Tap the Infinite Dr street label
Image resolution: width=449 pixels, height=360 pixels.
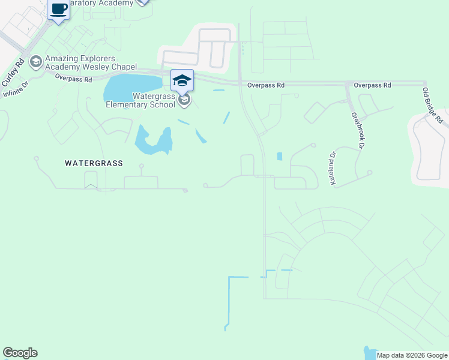click(16, 90)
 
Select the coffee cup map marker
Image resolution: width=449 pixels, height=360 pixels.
click(59, 10)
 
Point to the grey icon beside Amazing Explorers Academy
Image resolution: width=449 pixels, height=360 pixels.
click(35, 61)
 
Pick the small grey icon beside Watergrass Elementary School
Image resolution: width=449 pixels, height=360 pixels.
click(185, 100)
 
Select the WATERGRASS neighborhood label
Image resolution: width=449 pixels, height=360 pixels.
click(94, 163)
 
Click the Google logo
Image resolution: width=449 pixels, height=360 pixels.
click(20, 353)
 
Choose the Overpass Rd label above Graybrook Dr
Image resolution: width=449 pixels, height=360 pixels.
click(372, 86)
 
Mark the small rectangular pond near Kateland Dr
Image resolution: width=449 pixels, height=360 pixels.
click(280, 157)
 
